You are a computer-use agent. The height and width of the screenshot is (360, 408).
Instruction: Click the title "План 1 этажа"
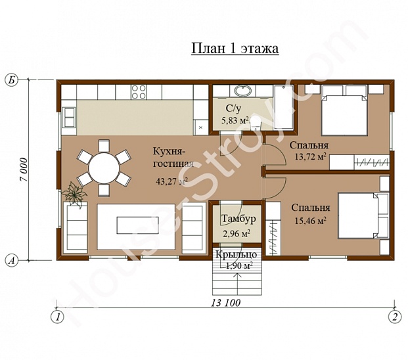tap(235, 49)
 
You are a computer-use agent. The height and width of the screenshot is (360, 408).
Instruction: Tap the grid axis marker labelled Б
tap(11, 79)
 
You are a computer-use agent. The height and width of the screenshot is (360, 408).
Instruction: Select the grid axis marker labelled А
tap(11, 260)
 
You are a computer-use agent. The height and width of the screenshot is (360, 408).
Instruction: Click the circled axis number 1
tap(57, 317)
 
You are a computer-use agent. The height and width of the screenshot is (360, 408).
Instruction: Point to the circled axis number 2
tap(395, 317)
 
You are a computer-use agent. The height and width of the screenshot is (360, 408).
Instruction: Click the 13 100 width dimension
tap(225, 302)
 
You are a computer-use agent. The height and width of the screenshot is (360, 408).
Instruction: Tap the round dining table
tap(104, 168)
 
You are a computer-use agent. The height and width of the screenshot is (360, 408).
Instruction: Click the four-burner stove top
tap(139, 92)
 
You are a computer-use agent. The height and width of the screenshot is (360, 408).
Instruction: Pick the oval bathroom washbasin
tap(243, 91)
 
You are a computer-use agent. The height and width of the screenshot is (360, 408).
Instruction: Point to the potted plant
tap(75, 194)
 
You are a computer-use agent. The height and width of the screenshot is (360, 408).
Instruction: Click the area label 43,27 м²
tap(171, 181)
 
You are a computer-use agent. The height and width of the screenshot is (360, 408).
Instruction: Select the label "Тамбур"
tap(238, 219)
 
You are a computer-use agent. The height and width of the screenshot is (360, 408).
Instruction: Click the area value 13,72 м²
tap(310, 156)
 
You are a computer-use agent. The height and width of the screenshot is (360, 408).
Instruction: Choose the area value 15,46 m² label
tap(311, 221)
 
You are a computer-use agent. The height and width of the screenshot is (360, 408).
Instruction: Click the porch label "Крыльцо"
tap(237, 255)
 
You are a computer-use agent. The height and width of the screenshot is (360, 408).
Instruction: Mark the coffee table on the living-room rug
tap(138, 225)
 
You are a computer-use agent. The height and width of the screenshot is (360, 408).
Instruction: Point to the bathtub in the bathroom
tap(284, 107)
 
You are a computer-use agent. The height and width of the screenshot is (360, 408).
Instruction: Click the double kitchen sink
tap(70, 118)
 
